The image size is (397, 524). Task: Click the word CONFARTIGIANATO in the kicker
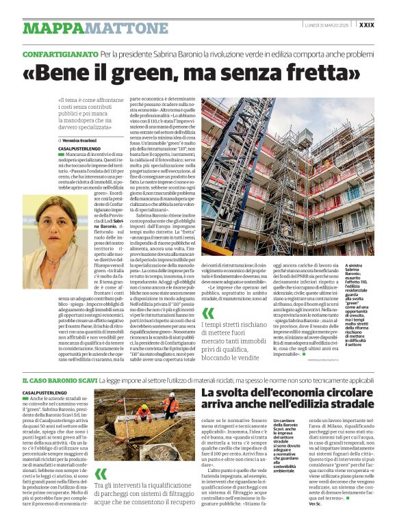[60, 54]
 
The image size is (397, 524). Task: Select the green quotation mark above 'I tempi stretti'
[208, 314]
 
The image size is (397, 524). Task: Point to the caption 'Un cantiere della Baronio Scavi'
[288, 428]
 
